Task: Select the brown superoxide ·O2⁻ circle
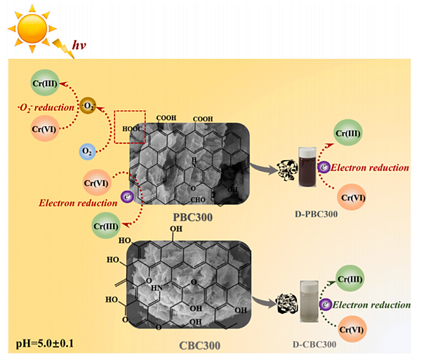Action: [88, 107]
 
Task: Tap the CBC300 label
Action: [190, 344]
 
